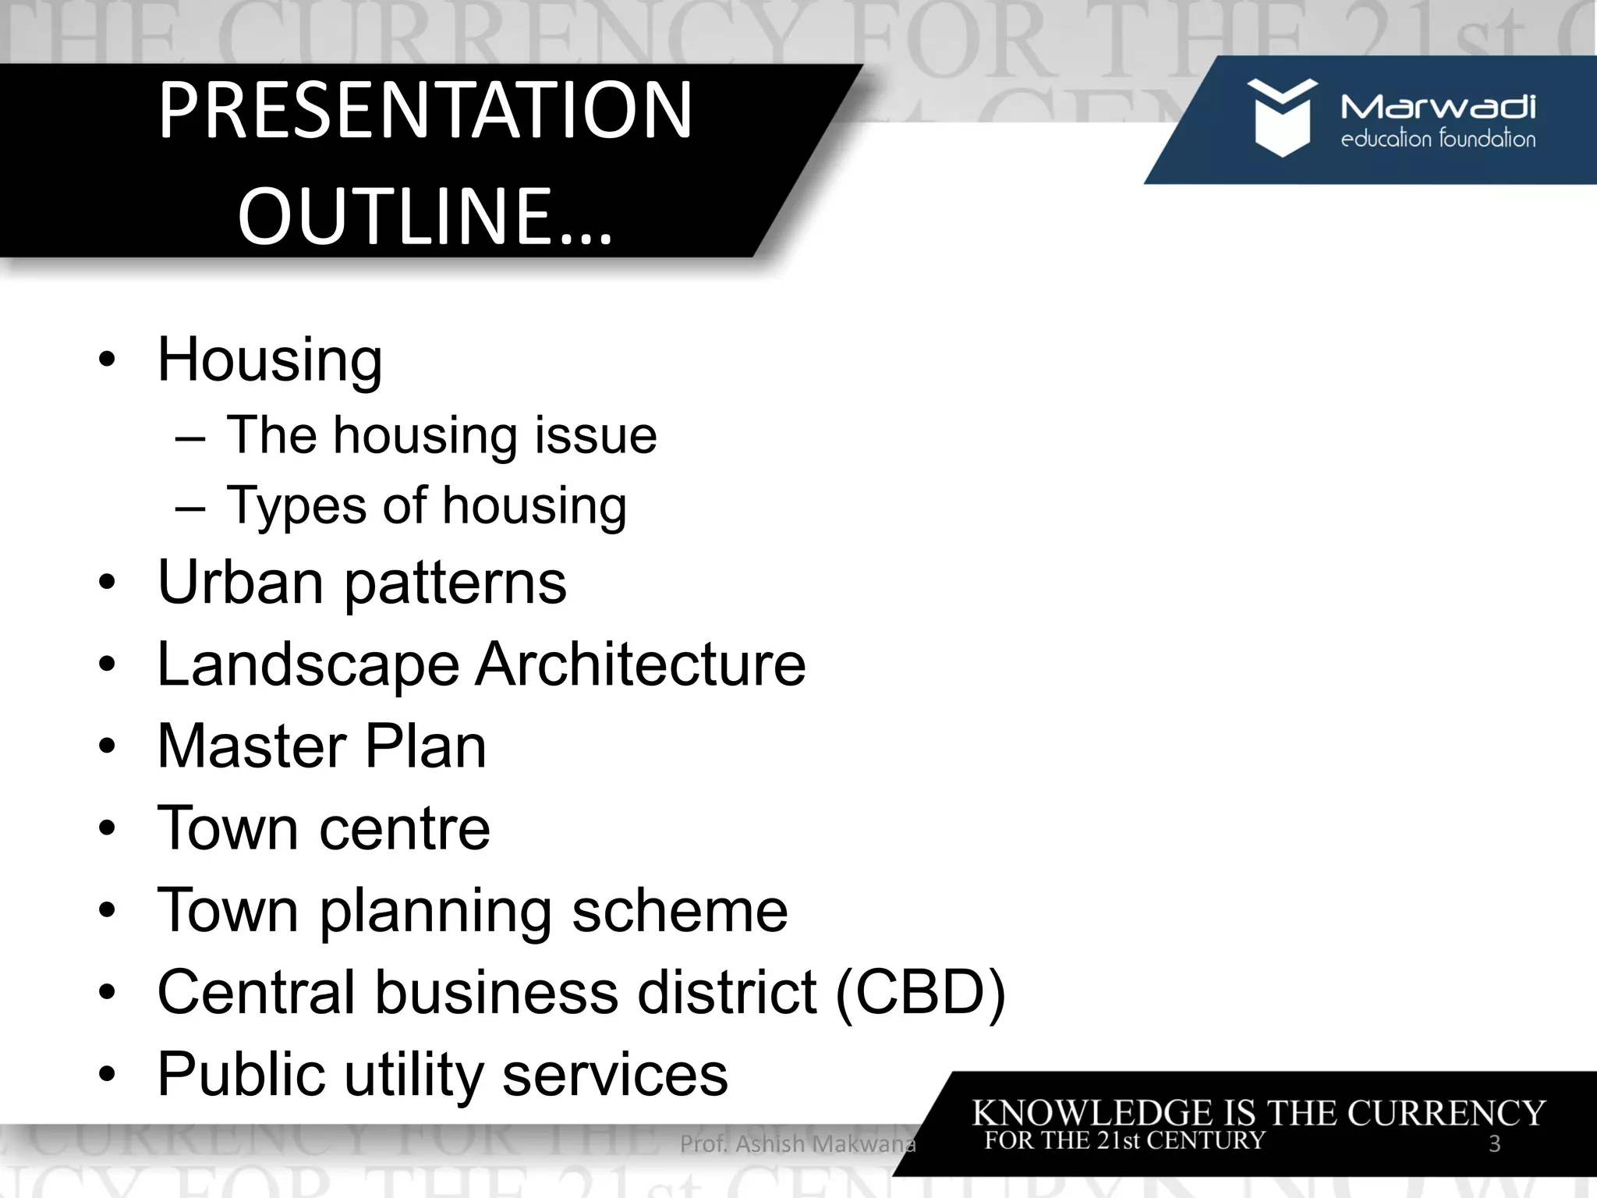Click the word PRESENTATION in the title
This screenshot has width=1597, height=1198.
click(425, 111)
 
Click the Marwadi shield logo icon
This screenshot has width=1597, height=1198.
click(1281, 117)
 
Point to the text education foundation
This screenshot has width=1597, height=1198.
click(1437, 140)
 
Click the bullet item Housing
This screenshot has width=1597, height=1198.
click(270, 360)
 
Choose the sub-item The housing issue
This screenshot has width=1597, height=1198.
click(441, 435)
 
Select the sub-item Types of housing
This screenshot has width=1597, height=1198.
click(426, 505)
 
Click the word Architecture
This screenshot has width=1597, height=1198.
click(640, 665)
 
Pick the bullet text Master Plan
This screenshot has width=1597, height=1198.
click(321, 746)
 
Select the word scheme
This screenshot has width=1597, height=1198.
click(679, 910)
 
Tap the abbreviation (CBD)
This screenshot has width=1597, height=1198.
click(920, 992)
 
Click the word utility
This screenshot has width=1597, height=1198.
click(414, 1074)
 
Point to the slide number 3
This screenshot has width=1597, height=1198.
click(1494, 1144)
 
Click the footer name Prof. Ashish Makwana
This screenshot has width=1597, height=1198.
click(797, 1144)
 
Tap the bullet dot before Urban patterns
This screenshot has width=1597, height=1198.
click(107, 583)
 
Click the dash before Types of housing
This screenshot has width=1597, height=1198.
click(190, 507)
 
